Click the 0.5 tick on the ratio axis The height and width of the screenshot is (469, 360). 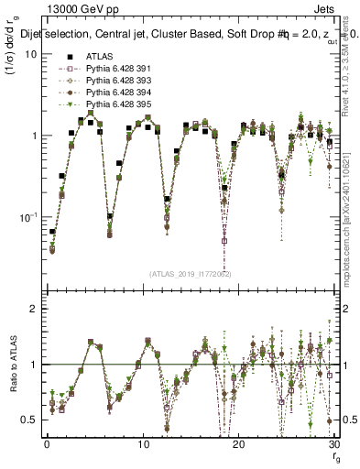click(x=30, y=420)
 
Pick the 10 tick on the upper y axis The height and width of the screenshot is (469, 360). click(x=29, y=54)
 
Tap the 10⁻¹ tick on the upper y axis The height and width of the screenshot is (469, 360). click(x=27, y=217)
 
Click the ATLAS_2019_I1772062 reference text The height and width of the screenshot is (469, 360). click(x=190, y=275)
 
